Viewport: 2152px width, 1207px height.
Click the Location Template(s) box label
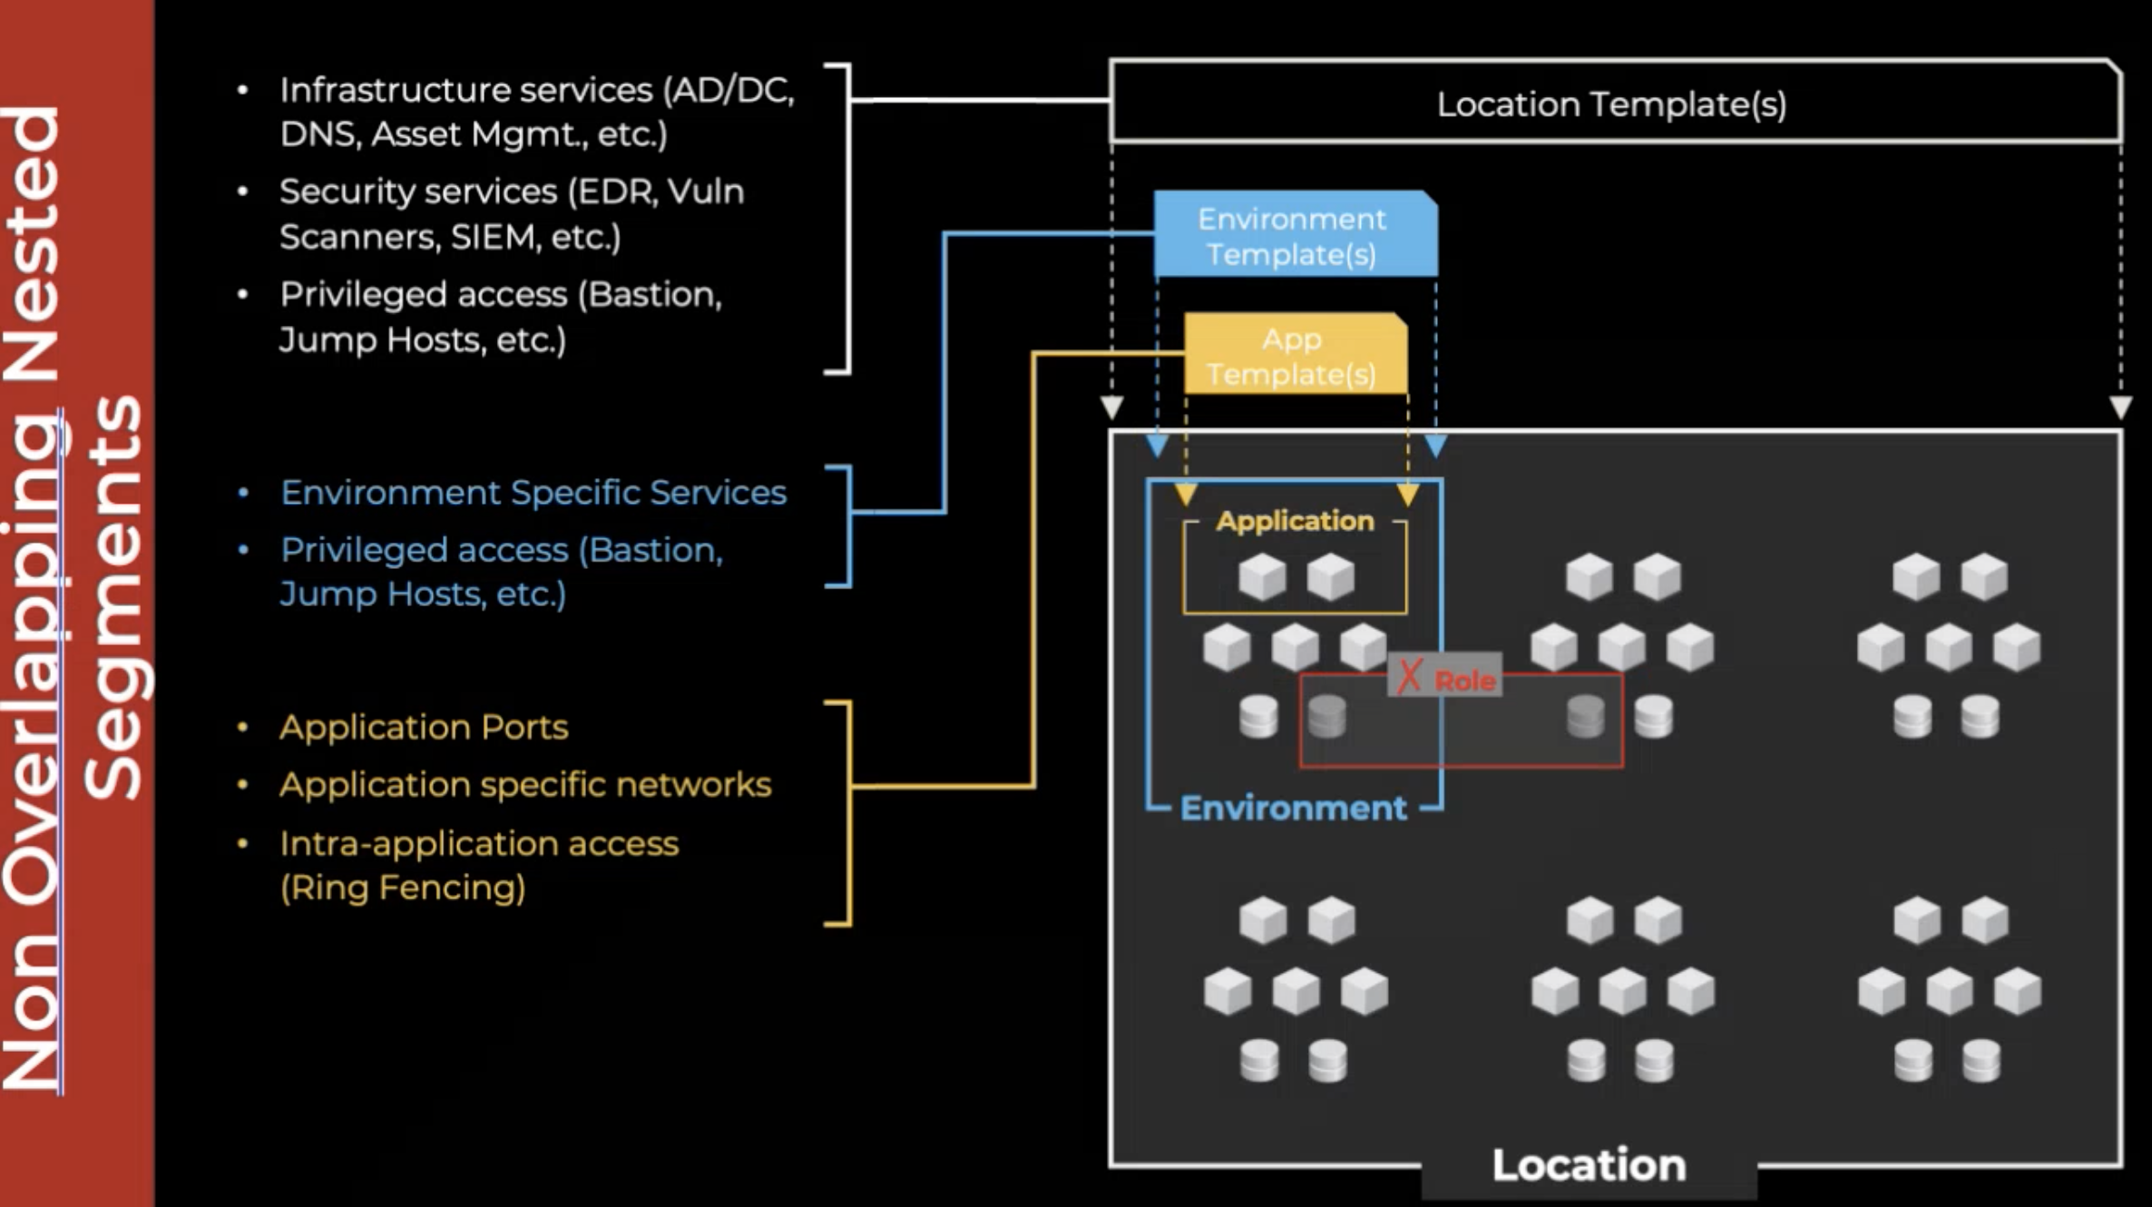1611,104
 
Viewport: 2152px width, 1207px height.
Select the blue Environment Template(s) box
1292,236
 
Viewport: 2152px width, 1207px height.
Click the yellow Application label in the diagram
1295,521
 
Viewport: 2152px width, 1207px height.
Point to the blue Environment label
1293,808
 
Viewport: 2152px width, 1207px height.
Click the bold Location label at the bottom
1589,1165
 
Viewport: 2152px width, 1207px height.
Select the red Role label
1464,680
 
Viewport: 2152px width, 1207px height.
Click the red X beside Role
1409,676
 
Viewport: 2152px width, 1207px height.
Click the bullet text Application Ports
424,727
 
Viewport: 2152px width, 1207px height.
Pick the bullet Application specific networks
525,784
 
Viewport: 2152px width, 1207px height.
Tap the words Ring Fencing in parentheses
403,888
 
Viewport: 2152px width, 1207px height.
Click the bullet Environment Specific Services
533,492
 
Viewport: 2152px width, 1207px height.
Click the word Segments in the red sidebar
114,599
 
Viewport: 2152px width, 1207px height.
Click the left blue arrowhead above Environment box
1158,446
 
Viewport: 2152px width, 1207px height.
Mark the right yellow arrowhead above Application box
1408,495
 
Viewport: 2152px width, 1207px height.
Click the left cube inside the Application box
1262,576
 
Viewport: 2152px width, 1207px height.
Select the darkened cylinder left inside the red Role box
1327,717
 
